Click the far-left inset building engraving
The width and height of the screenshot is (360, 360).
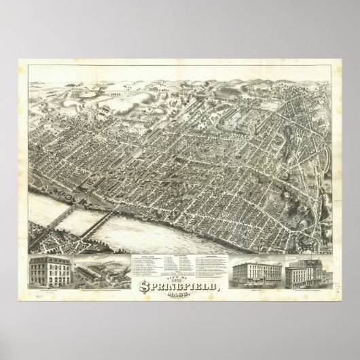pos(51,272)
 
